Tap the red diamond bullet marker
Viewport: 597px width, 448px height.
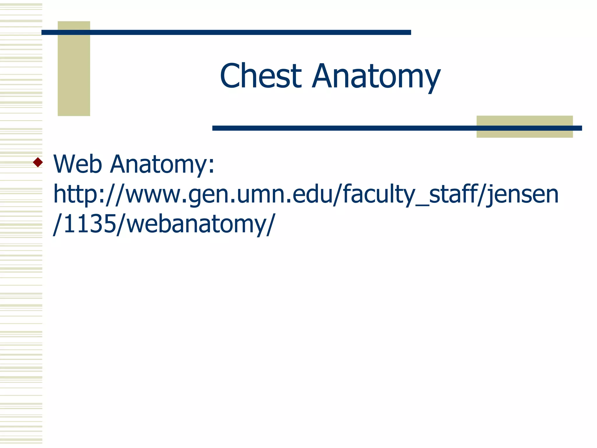[38, 162]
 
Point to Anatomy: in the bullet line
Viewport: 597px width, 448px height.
[162, 164]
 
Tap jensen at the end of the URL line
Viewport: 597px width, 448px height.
[522, 195]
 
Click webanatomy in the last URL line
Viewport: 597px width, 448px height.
[192, 225]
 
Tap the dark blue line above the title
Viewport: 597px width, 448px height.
[226, 32]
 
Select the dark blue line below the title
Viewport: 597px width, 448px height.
[344, 128]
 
